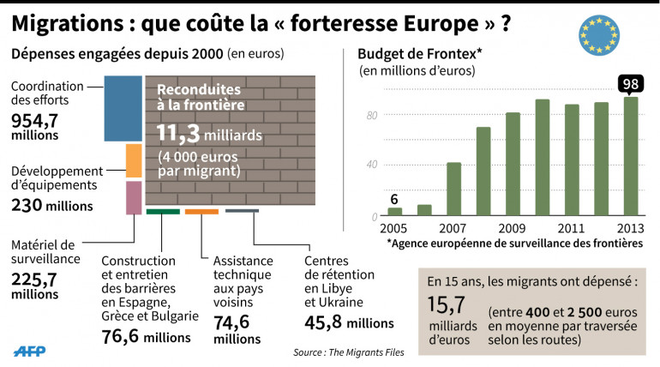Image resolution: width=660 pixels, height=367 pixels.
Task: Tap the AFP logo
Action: click(x=32, y=352)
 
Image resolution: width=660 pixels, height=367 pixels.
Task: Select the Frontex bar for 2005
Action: click(x=394, y=212)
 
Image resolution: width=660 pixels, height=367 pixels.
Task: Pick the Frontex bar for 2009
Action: click(x=512, y=165)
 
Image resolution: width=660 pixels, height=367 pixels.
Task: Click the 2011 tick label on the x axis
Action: click(x=571, y=230)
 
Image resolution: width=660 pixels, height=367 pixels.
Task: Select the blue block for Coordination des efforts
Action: click(x=123, y=109)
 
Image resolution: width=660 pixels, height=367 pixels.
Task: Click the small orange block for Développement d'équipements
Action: click(x=133, y=160)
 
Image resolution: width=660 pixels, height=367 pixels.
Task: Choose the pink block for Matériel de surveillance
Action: click(x=133, y=197)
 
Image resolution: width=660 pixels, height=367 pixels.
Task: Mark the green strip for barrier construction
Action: click(x=163, y=211)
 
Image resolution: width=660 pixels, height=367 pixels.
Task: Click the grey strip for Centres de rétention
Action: click(x=242, y=211)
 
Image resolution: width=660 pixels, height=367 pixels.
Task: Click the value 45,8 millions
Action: click(x=349, y=323)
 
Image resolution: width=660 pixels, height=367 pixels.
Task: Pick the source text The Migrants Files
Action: click(x=378, y=352)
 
